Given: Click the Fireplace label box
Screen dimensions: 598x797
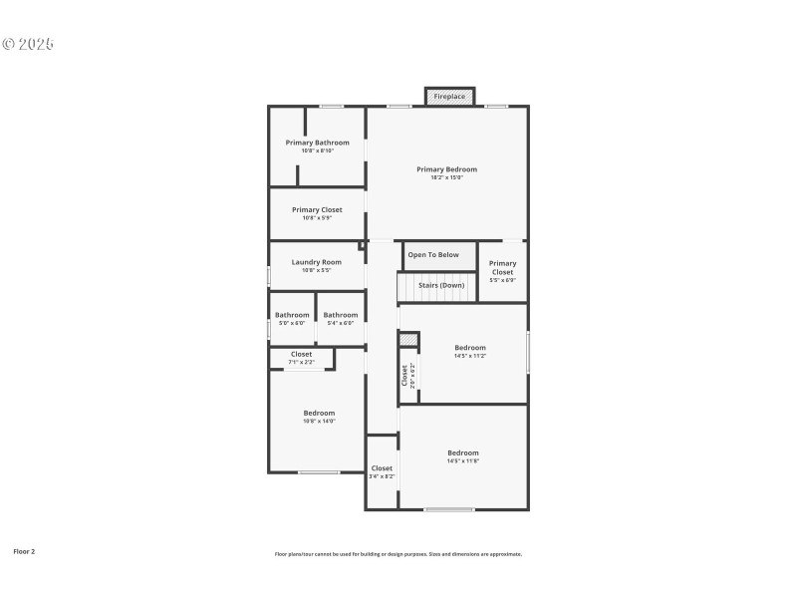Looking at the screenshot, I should pos(449,97).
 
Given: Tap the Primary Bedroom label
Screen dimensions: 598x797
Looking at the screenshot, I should pos(446,169).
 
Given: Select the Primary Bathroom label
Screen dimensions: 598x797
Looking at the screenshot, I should pos(317,143).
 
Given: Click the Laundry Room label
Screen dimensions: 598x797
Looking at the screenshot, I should pos(317,262).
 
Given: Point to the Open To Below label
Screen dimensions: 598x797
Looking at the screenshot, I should pos(433,255).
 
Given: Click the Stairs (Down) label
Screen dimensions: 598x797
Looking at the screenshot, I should pos(441,285).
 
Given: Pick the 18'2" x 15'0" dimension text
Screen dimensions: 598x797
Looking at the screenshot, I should pos(446,177).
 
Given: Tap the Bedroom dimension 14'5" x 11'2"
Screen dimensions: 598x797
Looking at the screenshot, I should pos(470,356).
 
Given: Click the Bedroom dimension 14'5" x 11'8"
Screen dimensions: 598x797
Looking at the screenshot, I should pos(463,460).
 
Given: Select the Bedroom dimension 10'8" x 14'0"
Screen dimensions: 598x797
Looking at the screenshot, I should pos(319,421).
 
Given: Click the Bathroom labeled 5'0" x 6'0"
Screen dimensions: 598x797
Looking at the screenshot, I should pos(292,315).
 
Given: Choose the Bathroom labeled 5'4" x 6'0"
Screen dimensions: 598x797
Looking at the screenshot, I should pos(341,315).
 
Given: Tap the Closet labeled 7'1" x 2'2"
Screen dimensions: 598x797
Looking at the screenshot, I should pos(301,354).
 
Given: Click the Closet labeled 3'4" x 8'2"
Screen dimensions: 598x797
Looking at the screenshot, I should pos(382,468).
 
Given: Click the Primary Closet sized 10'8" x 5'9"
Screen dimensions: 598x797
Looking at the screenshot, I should pos(317,210).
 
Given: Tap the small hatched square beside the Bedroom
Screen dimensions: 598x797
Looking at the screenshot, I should pos(407,340).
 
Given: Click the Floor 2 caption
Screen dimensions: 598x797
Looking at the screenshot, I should pos(24,550).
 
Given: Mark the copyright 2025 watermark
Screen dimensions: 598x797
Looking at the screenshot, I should pos(27,45).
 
